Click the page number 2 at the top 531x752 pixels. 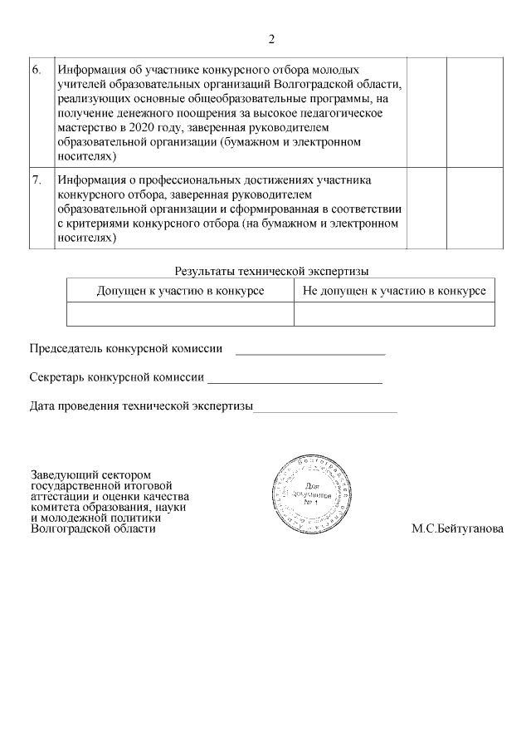coord(271,39)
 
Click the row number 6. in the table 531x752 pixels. coord(37,70)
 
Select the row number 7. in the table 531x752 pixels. coord(37,180)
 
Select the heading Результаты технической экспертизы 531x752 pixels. coord(271,271)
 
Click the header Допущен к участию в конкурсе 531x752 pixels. coord(180,291)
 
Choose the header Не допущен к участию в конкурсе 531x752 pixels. coord(394,291)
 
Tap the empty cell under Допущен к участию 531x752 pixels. coord(180,314)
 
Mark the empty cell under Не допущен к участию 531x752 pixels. coord(394,314)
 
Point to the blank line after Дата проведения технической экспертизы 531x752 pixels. coord(325,410)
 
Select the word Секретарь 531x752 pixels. coord(57,377)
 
